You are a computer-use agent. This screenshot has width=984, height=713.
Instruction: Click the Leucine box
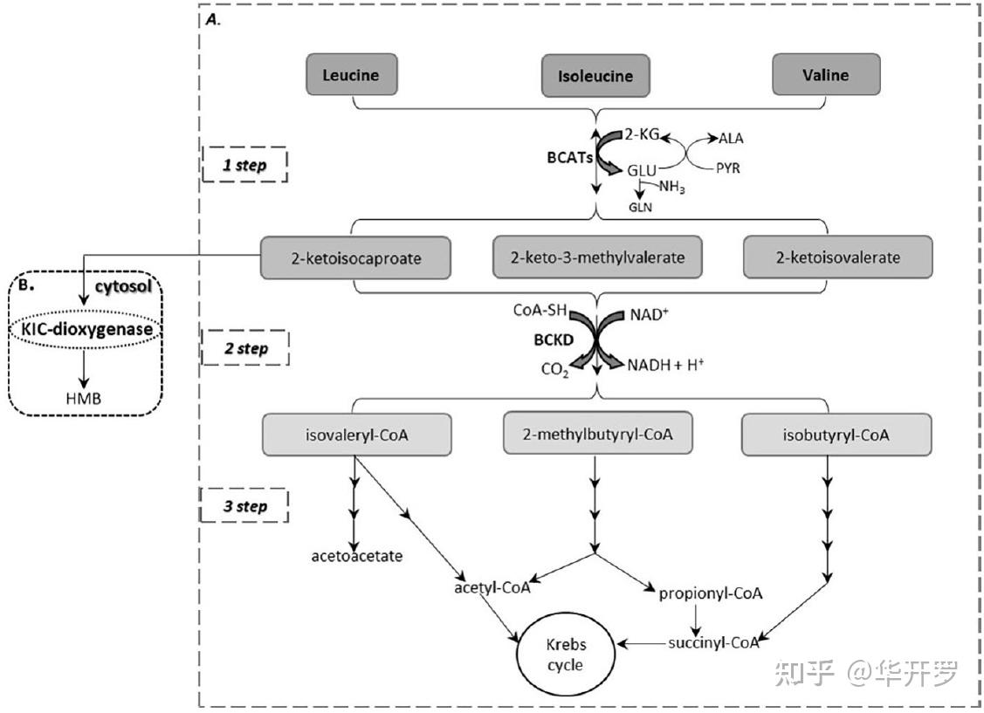350,75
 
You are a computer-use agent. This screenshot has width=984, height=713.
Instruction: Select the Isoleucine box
595,76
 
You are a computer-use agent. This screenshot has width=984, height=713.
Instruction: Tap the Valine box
825,75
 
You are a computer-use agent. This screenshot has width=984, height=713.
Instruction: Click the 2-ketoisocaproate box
355,258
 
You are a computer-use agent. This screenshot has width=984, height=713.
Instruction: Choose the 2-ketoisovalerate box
833,258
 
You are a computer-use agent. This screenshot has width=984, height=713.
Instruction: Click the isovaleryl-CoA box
356,435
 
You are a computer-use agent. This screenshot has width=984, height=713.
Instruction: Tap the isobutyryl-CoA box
835,435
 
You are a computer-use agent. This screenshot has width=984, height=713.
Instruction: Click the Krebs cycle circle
566,654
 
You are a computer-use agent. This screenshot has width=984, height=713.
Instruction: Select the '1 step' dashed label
244,163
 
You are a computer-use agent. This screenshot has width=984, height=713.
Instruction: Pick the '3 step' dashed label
244,506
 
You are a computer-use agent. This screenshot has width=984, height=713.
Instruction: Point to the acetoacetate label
356,556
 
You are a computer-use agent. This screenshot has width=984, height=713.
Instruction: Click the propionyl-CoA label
711,593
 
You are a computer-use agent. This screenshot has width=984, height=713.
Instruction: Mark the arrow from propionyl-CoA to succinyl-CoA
697,620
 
